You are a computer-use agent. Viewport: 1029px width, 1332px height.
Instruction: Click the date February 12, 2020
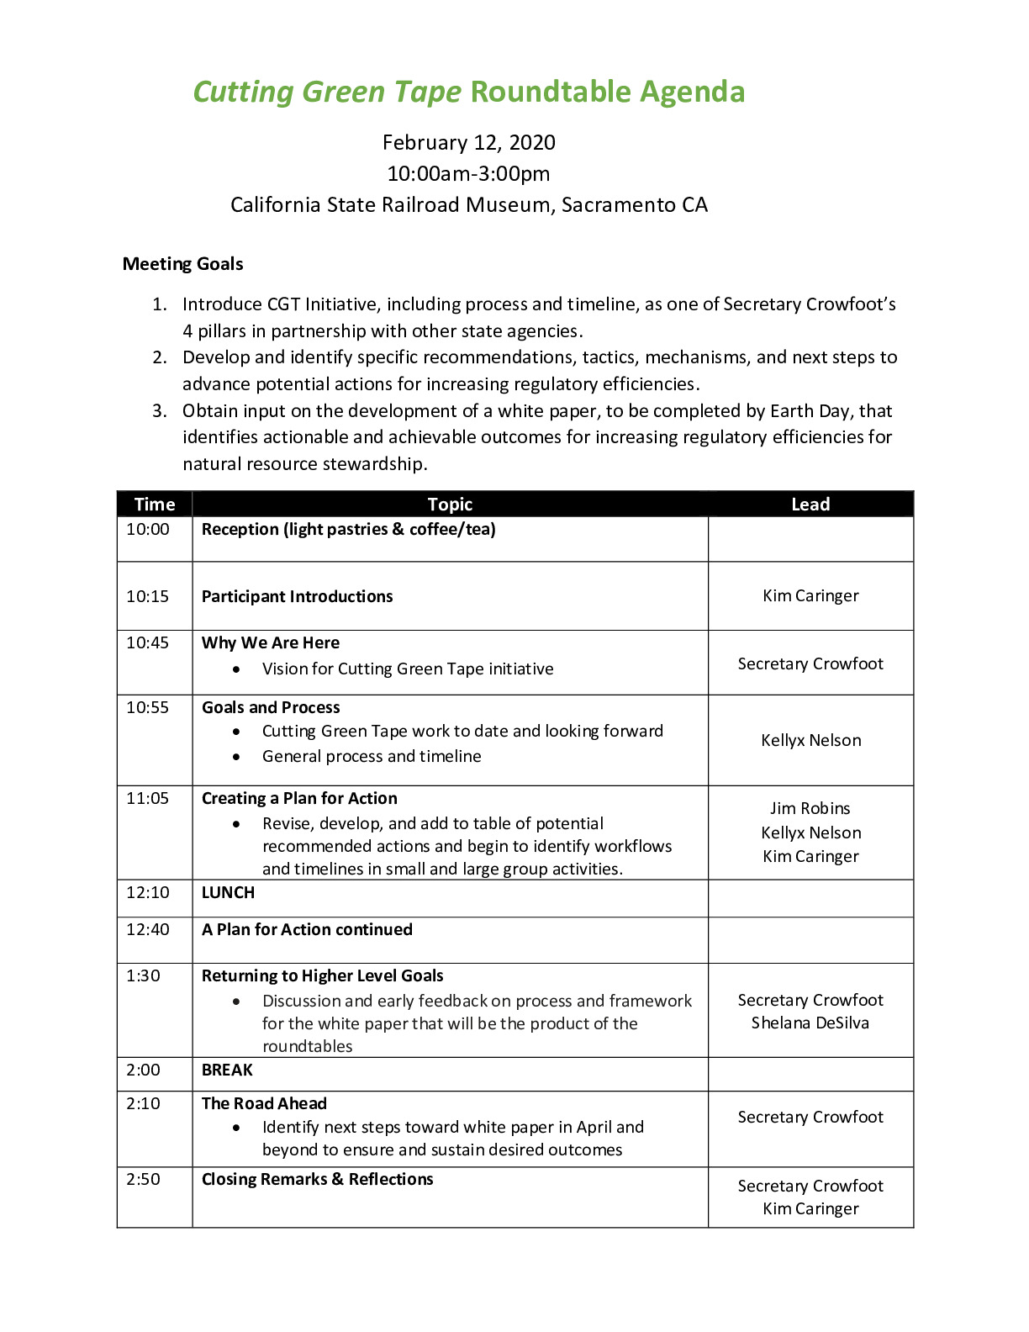[x=468, y=142]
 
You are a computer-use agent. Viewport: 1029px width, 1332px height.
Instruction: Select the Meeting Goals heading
[x=182, y=264]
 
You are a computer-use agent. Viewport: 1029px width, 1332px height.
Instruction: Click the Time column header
[x=155, y=505]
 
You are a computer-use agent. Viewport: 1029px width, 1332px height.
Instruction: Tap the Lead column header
[x=810, y=505]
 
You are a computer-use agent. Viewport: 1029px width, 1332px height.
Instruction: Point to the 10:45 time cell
[x=148, y=643]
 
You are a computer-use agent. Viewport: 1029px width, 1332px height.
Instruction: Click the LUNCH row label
[x=228, y=893]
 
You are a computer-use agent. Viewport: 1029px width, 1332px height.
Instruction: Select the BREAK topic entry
[x=227, y=1070]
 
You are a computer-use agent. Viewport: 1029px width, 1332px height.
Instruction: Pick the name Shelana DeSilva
[x=810, y=1023]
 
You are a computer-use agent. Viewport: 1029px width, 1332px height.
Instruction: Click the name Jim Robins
[x=810, y=809]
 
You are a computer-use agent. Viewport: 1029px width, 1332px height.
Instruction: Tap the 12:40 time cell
[x=148, y=930]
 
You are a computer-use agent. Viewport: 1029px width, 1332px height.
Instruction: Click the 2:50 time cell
[x=144, y=1180]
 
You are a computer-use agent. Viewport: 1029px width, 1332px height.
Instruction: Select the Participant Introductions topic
[x=297, y=597]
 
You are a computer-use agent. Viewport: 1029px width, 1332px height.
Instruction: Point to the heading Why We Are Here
[x=271, y=643]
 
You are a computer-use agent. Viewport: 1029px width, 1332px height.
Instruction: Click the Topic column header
[x=450, y=505]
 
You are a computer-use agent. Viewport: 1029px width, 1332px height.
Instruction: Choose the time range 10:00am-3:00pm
[x=468, y=174]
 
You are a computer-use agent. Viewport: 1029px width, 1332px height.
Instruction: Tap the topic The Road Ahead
[x=264, y=1104]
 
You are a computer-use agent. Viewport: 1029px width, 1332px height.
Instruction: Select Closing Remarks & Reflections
[x=317, y=1180]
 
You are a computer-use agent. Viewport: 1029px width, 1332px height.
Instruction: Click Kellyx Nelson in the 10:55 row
[x=810, y=741]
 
